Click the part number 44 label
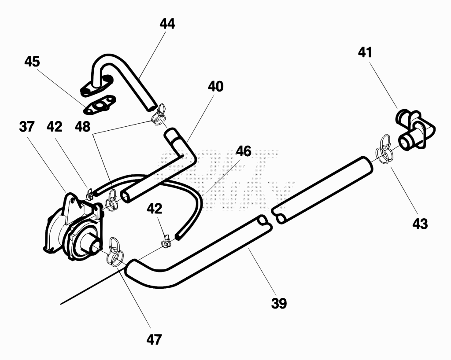[x=167, y=24]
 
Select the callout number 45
[x=32, y=62]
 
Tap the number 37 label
[x=27, y=127]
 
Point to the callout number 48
[x=82, y=127]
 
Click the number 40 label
[x=215, y=87]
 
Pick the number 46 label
[x=244, y=151]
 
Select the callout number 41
[x=365, y=52]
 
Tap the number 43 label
[x=420, y=224]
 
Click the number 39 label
[x=279, y=303]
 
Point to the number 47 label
[x=154, y=340]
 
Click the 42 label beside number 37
[x=54, y=127]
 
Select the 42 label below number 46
[x=155, y=209]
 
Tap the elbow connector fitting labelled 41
[x=415, y=129]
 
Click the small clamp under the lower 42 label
[x=166, y=241]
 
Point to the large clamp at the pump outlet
[x=115, y=253]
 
